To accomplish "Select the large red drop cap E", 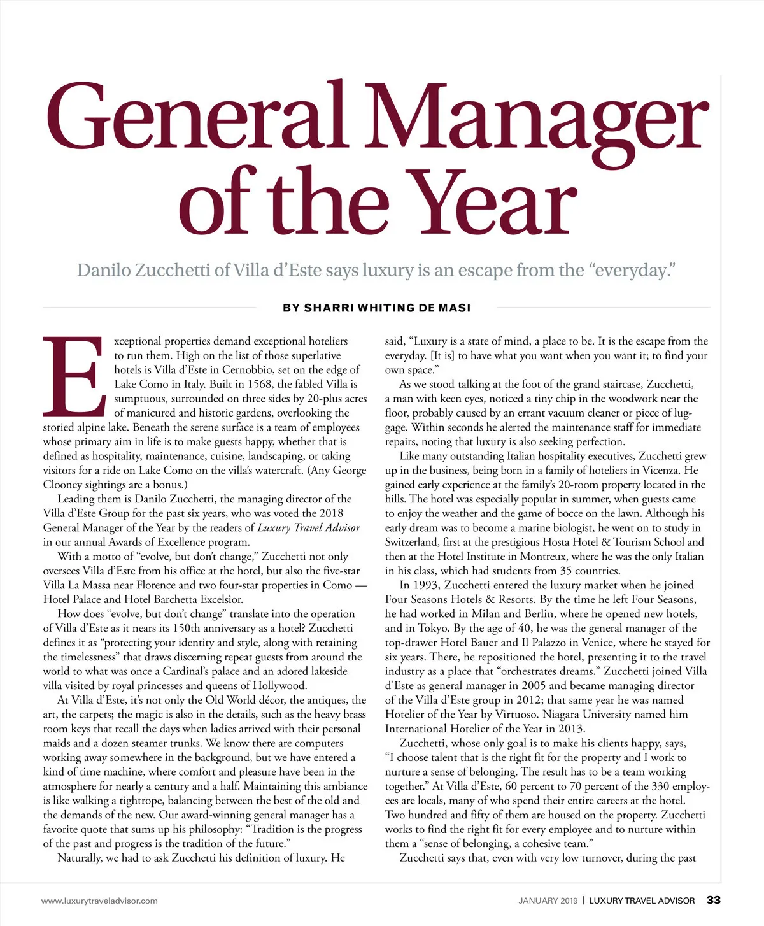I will pos(73,376).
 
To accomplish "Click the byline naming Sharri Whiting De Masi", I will pos(377,308).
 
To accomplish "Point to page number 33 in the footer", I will pos(714,900).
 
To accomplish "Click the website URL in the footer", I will pos(99,901).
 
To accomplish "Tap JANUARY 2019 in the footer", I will pos(548,901).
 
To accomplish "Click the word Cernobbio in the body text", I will pos(247,370).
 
